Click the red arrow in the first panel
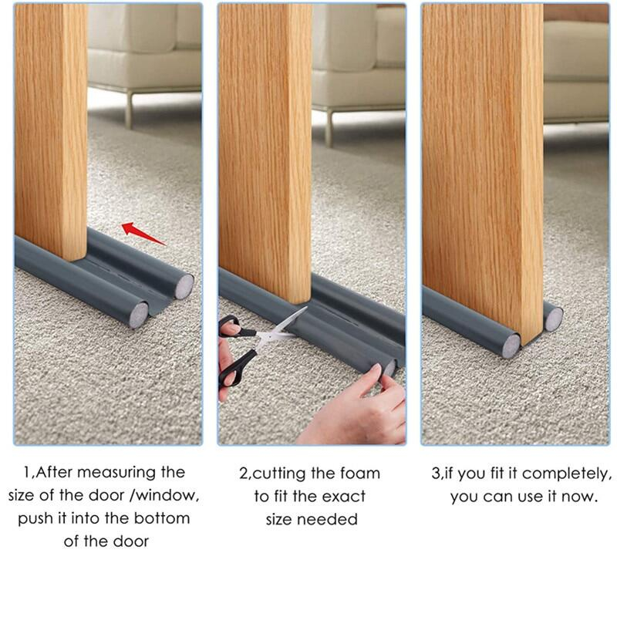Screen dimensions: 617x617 click(143, 234)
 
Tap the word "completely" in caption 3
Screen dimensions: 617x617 click(566, 474)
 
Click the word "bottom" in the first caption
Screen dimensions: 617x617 click(162, 518)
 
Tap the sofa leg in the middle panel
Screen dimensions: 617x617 click(329, 128)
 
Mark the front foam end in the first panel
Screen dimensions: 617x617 click(139, 315)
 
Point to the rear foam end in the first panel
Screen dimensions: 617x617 click(184, 286)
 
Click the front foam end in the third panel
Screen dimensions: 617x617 click(511, 346)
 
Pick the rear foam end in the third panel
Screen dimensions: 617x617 click(554, 319)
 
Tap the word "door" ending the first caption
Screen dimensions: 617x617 click(131, 541)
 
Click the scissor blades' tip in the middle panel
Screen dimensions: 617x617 click(306, 307)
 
